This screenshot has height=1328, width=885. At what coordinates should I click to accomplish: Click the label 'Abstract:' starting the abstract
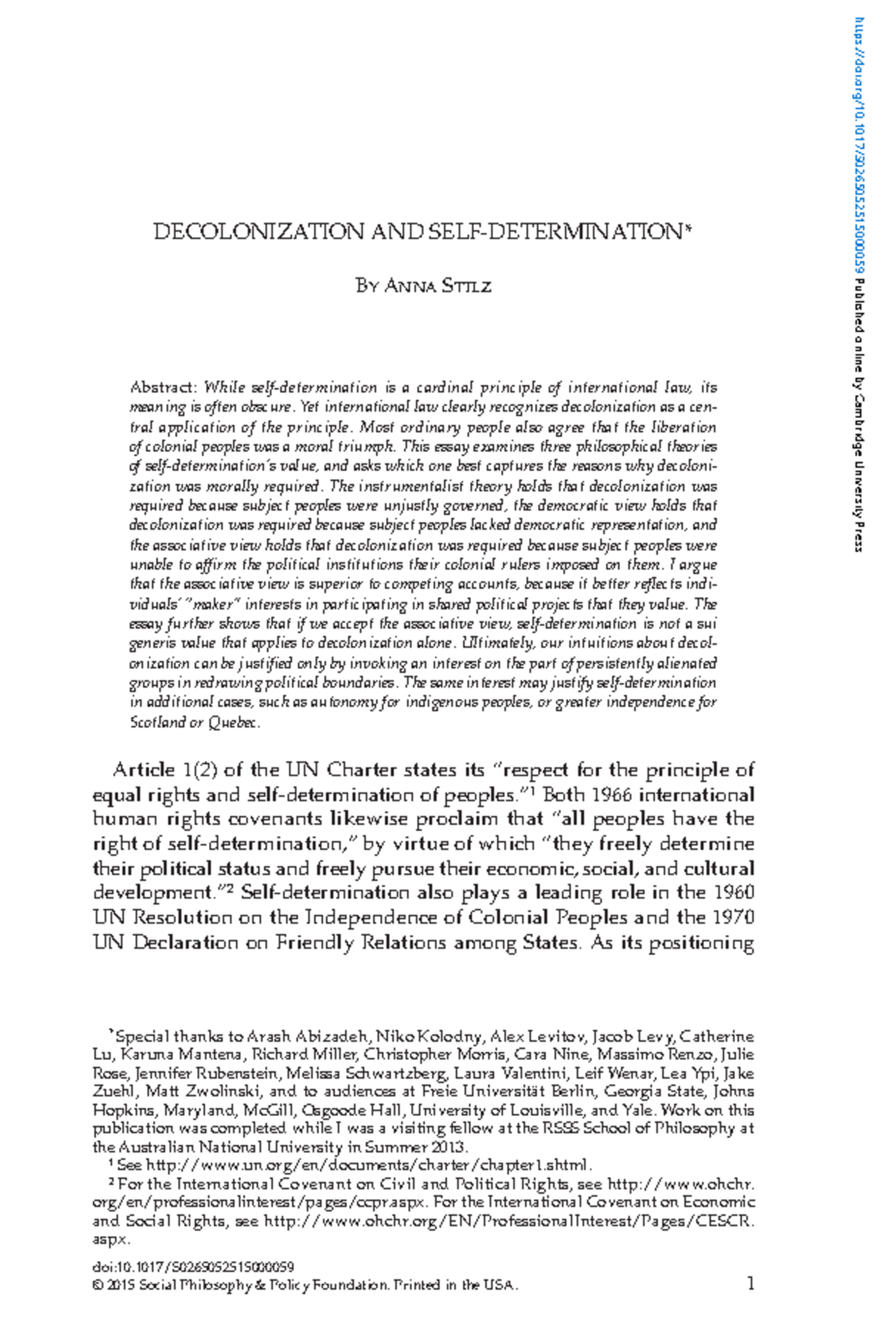pos(164,387)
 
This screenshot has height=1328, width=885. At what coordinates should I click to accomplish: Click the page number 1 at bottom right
pos(751,1284)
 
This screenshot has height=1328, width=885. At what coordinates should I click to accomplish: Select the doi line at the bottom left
pos(193,1267)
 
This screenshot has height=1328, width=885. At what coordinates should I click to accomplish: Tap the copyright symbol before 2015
pos(97,1285)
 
